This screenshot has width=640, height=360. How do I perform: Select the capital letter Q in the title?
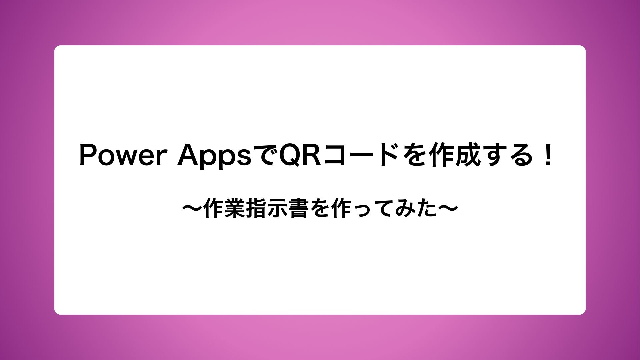click(290, 155)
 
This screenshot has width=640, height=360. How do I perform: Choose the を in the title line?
click(415, 155)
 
